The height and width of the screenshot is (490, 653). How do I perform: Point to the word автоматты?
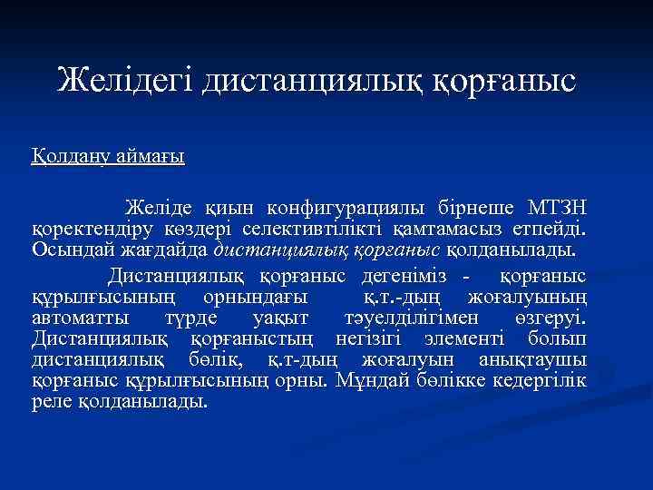(x=80, y=318)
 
